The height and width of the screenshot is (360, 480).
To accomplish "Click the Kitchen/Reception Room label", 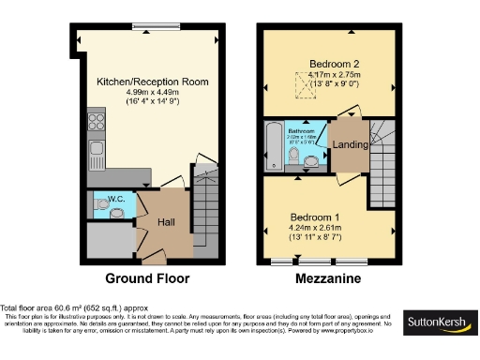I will (150, 82).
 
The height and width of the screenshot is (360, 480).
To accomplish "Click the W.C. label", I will (116, 199).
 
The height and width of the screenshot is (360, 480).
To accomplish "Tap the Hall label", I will (165, 222).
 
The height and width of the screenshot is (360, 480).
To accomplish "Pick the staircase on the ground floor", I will (207, 212).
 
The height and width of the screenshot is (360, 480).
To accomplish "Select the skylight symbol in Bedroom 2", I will (303, 87).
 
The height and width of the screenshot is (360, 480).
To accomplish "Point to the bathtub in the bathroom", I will (273, 145).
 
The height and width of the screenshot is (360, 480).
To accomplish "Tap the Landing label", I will (349, 145).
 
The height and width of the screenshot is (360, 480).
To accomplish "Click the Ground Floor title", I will (147, 278).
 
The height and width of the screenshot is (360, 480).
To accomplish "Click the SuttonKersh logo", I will (438, 323).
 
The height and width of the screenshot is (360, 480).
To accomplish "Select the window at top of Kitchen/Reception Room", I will (150, 25).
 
